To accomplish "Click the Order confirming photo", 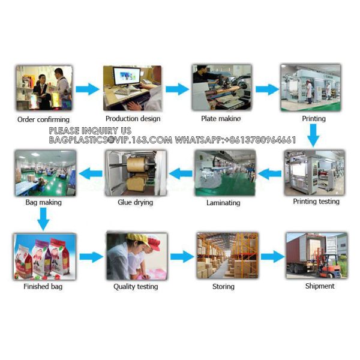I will point(43,88).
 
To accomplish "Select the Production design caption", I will point(133,119).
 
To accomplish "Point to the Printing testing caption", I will point(316,202).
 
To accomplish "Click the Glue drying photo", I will point(135,173).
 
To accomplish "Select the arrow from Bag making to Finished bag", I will point(42,220).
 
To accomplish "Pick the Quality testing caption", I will point(136,287).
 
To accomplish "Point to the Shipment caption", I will point(319,286).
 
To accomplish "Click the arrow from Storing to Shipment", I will point(272,257).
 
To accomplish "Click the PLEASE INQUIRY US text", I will point(89,131).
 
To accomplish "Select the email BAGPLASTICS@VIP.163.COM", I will point(110,140).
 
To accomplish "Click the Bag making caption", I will point(43,202).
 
